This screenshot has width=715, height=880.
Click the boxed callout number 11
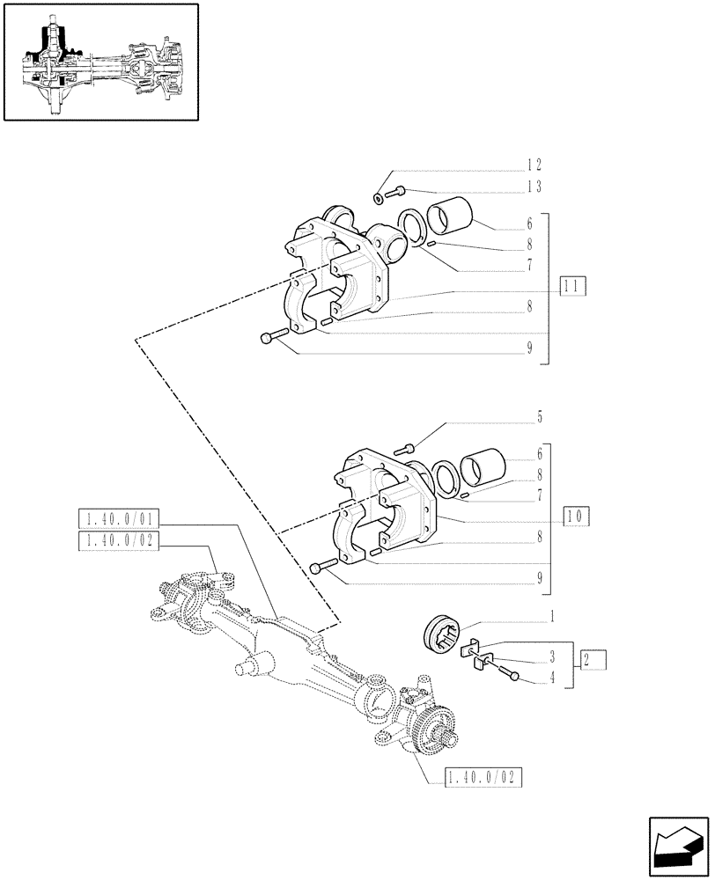coord(572,285)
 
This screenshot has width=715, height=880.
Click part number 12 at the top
coord(534,165)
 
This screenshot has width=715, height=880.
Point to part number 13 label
coord(534,187)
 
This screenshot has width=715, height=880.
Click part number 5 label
coord(539,415)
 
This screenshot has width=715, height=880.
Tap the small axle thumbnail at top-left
coord(100,62)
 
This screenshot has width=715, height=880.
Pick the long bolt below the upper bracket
coord(274,335)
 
